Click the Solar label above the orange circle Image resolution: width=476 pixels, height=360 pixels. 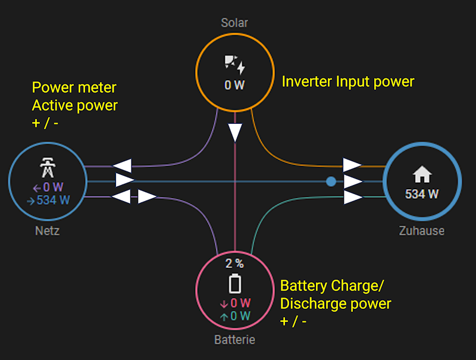[x=234, y=23]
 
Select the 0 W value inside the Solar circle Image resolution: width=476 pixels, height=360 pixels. [x=234, y=85]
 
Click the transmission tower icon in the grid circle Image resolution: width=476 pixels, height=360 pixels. [x=47, y=168]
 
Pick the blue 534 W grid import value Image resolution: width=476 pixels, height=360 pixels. [x=48, y=200]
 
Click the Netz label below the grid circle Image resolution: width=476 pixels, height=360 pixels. [x=47, y=231]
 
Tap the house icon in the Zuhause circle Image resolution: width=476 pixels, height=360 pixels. [x=422, y=174]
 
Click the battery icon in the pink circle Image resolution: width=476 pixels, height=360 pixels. [x=235, y=284]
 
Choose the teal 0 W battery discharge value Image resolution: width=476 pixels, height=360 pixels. [x=235, y=316]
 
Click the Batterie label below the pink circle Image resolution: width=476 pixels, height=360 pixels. [x=234, y=340]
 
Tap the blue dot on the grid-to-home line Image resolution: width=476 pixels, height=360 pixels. [x=331, y=181]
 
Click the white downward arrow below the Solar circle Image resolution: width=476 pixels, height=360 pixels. [x=235, y=132]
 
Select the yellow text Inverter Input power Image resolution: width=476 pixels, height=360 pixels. [x=347, y=82]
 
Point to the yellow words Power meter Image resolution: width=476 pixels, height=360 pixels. [x=74, y=88]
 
